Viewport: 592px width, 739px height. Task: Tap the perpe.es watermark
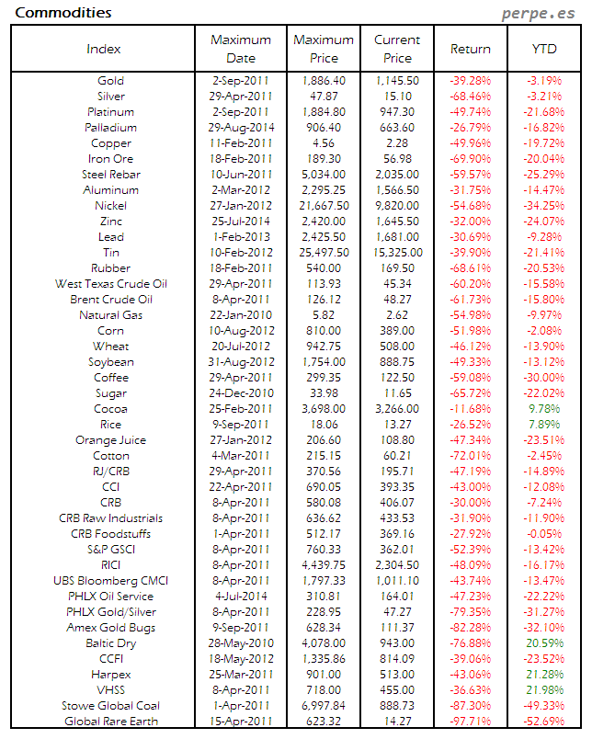(x=541, y=14)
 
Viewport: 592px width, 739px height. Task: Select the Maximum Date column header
(x=241, y=49)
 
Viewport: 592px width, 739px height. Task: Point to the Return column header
(x=471, y=49)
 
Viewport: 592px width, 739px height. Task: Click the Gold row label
(x=110, y=81)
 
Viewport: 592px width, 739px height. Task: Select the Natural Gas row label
(x=110, y=315)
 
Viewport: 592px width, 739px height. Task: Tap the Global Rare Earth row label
(x=110, y=722)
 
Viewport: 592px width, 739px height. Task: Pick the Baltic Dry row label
(x=110, y=643)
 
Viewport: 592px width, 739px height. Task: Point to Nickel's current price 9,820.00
(x=398, y=206)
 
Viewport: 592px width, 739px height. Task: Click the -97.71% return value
(x=470, y=722)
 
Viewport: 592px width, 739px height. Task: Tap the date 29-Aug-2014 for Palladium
(x=241, y=128)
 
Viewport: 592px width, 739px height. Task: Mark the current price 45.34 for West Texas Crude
(x=398, y=284)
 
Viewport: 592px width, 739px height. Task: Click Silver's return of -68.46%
(x=470, y=97)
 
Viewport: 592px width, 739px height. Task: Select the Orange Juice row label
(x=110, y=440)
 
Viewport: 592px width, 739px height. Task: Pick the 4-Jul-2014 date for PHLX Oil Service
(x=241, y=597)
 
